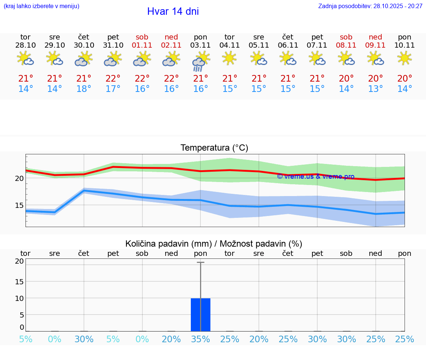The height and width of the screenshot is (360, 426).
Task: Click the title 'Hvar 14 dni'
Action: click(173, 11)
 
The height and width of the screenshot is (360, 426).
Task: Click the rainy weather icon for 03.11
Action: click(200, 61)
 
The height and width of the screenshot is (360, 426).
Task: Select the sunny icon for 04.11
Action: click(230, 58)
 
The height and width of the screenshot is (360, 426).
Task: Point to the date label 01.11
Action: click(142, 45)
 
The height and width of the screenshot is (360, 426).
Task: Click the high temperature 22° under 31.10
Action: click(113, 79)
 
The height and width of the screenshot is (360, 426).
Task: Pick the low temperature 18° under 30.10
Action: click(84, 89)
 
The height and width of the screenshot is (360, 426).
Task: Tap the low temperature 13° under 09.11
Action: click(375, 89)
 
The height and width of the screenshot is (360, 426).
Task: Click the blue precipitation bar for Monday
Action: click(200, 315)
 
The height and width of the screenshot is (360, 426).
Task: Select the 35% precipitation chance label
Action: click(200, 339)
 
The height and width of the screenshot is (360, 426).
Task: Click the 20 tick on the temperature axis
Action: click(19, 178)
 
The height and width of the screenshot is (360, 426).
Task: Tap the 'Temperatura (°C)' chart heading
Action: click(214, 148)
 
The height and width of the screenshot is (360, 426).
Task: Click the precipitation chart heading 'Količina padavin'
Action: click(213, 244)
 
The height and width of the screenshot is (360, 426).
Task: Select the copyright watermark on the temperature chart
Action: click(315, 176)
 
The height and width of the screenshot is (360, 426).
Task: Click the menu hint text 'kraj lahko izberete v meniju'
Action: click(41, 6)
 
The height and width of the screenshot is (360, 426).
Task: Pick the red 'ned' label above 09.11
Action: click(375, 37)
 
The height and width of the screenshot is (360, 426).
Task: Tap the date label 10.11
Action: click(405, 45)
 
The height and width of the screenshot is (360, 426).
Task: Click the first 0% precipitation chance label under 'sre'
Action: click(55, 339)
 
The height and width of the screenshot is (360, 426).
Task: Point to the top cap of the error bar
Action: click(200, 262)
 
